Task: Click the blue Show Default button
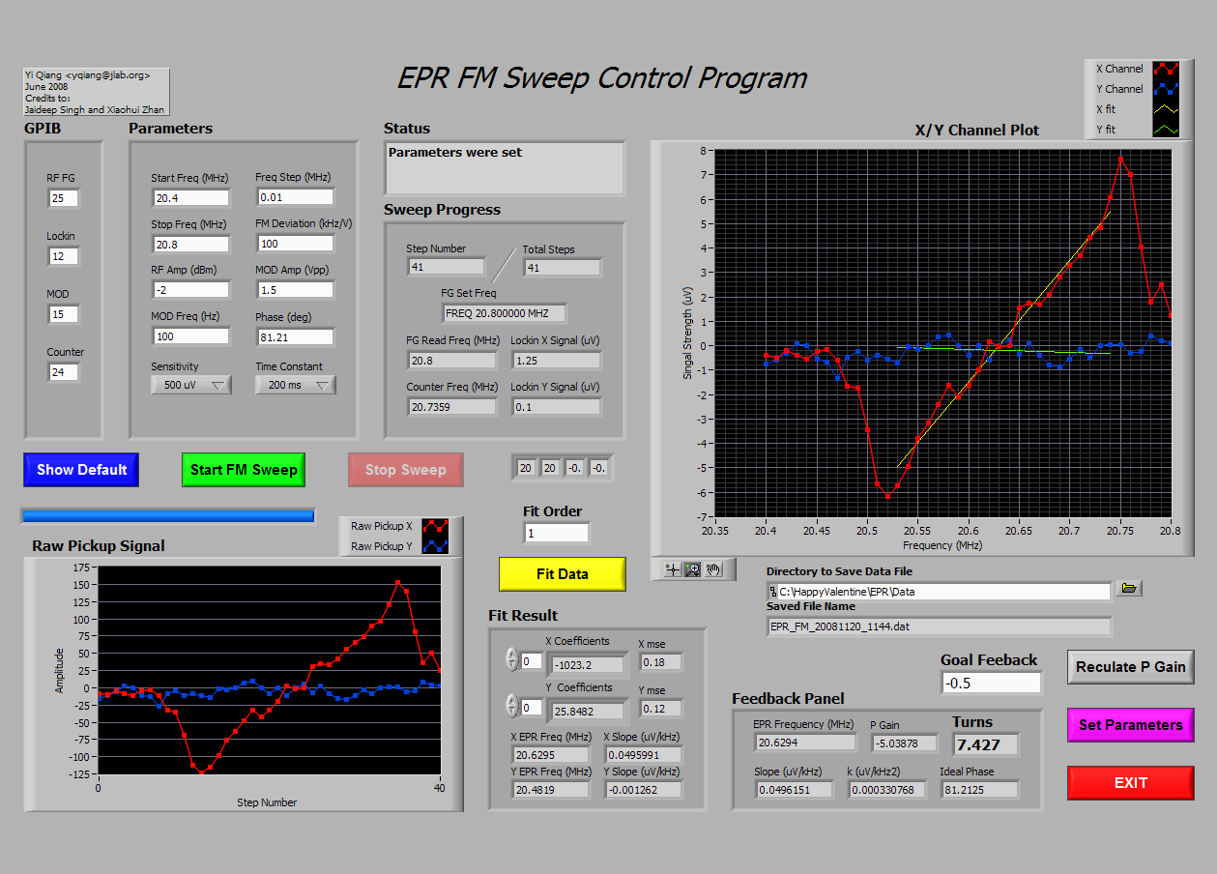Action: coord(81,470)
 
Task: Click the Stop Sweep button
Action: coord(405,470)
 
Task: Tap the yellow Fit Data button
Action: coord(563,574)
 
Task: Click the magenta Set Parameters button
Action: coord(1131,725)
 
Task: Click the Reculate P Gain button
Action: coord(1131,667)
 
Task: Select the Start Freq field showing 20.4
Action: coord(190,198)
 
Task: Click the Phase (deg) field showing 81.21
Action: coord(295,337)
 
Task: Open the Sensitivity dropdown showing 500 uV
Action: coord(191,385)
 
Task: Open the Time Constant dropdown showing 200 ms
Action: coord(296,385)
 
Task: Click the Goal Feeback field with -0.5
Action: coord(991,684)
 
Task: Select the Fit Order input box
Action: coord(557,534)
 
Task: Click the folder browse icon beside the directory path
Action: coord(1129,588)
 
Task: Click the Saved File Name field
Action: coord(940,626)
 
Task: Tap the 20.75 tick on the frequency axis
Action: coord(1120,531)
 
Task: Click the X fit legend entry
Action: coord(1137,109)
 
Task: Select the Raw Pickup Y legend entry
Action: coord(399,546)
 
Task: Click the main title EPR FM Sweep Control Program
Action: coord(602,78)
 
